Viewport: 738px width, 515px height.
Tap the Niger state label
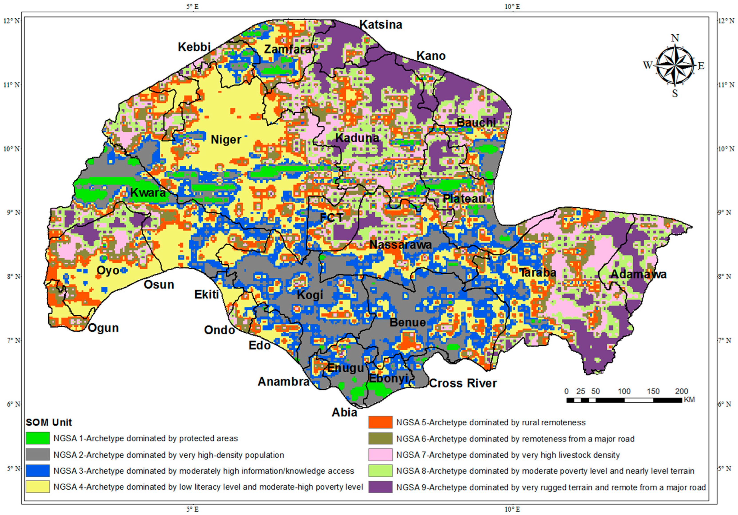tap(226, 140)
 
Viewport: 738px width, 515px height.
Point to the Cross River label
tap(463, 383)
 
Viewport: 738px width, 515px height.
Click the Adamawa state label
tap(638, 275)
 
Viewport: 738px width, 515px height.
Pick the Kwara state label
tap(148, 193)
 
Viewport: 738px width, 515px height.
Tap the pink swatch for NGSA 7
tap(380, 455)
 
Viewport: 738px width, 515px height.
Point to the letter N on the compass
tap(675, 38)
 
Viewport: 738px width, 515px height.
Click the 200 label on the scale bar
tap(681, 391)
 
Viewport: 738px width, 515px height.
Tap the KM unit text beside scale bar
tap(689, 400)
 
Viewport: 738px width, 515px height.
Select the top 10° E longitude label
tap(512, 6)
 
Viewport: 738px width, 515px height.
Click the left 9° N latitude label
tap(13, 213)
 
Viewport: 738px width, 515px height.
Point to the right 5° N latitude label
tap(726, 468)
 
